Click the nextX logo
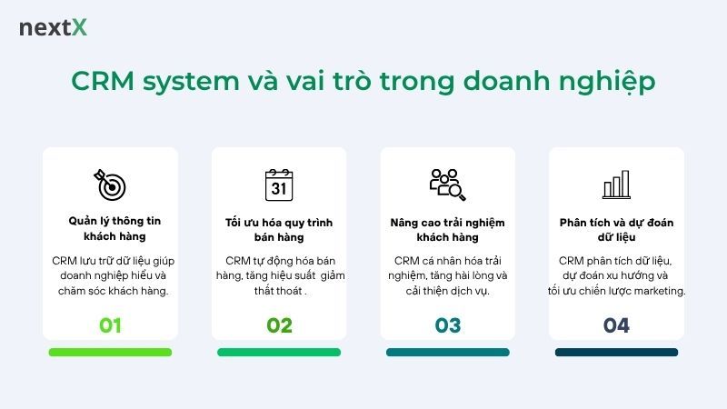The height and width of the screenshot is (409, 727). point(53,28)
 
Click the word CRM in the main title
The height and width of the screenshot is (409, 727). point(105,81)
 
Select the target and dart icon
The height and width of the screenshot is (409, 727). point(110,184)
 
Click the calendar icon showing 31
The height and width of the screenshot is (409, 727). point(279,184)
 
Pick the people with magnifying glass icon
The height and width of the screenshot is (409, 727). point(447,184)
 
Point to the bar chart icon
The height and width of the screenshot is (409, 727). point(616,185)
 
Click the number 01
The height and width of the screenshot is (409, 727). point(110,325)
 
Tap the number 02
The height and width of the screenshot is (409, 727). point(279,325)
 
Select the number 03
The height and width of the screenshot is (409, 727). point(448,325)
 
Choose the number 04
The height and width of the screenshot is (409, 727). point(616,325)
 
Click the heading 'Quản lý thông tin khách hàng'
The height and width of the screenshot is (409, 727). point(110,229)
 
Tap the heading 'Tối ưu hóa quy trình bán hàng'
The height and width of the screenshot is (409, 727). point(279,230)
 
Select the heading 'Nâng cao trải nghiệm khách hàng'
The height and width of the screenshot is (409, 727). point(448,230)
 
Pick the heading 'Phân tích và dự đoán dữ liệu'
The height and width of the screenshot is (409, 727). point(616,230)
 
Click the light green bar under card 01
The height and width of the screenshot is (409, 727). point(110,352)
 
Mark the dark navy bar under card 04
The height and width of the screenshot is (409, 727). point(616,352)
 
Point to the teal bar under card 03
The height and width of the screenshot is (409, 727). point(448,352)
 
